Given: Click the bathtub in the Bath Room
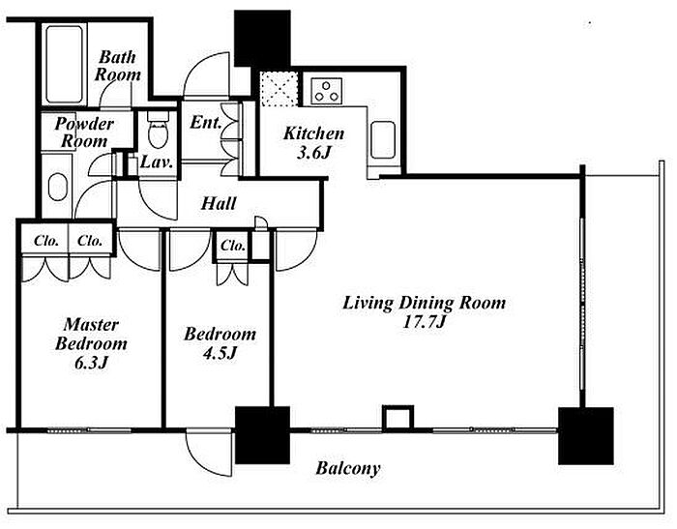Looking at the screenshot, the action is coord(65,65).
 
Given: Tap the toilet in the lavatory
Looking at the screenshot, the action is coord(158,130).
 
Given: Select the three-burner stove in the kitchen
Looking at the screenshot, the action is coord(327,91).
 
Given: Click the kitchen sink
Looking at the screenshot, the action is coord(383,140).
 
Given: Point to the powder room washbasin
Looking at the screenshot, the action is coord(58,187).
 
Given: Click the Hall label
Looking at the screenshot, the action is coord(219,203).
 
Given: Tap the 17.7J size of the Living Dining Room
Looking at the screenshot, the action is coord(424,322).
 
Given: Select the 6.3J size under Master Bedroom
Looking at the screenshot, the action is coord(91,363).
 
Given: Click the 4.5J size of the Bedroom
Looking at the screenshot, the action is coord(220,353).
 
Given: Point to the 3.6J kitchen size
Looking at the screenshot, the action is coord(313,153).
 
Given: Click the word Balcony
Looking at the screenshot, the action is coord(348,468).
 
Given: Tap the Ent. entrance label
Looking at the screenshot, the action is coord(205,122).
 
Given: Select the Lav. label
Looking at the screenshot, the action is coord(157,162).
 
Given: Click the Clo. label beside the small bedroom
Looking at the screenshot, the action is coord(233,246).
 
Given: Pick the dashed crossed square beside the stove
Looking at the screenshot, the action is coord(280,89).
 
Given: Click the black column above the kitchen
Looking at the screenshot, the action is coord(262,39).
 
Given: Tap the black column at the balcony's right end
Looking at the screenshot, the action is coord(585,436).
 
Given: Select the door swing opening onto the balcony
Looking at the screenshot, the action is coord(210,453).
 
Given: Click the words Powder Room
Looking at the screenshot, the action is coord(84,132).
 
